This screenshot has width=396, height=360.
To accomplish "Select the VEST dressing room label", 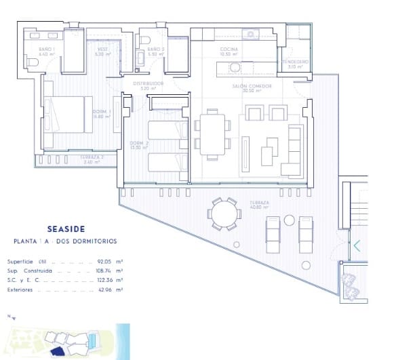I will [102, 50].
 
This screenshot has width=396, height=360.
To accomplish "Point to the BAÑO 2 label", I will [155, 50].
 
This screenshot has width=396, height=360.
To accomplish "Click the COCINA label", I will [229, 50].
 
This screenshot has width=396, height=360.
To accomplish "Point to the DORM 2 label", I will [139, 144].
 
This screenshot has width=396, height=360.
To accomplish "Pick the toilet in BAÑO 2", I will [146, 41].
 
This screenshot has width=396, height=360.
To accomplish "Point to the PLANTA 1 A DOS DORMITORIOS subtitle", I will [65, 241].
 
